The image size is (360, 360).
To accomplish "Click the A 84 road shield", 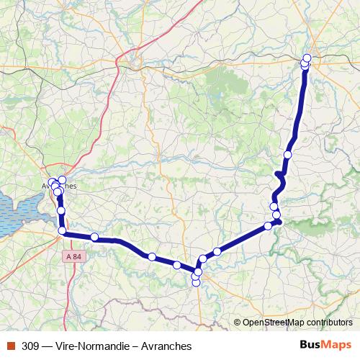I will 73,256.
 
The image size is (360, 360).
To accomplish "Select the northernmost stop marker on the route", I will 307,58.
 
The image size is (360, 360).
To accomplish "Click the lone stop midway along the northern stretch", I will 288,155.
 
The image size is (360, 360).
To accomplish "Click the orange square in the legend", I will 10,346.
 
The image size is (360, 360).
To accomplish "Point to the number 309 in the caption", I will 31,346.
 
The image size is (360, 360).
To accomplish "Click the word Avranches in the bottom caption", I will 166,346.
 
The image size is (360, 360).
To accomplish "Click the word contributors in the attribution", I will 328,323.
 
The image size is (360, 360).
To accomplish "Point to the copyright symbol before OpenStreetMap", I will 238,323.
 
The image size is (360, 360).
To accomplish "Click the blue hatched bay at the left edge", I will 14,212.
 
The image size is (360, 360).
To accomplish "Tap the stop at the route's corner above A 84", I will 63,230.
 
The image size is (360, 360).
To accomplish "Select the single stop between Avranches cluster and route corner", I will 61,210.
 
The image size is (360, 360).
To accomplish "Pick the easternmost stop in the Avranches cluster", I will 62,179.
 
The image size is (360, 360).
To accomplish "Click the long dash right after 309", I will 47,346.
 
